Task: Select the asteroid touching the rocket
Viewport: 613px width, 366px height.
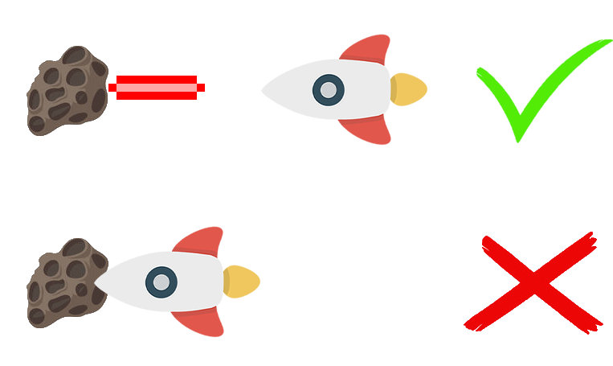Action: coord(66,282)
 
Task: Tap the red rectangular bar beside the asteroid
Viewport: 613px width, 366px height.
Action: coord(157,87)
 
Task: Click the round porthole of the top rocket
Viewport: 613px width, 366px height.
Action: coord(327,89)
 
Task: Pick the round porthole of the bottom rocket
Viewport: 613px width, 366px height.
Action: coord(161,282)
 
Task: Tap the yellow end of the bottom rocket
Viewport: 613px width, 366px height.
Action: coord(243,282)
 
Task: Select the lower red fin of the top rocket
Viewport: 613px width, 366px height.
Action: coord(378,132)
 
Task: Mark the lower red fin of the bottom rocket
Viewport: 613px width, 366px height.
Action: coord(210,324)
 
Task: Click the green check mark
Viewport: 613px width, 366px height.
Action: coord(534,93)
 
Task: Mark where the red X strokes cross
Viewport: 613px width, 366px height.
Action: coord(532,283)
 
